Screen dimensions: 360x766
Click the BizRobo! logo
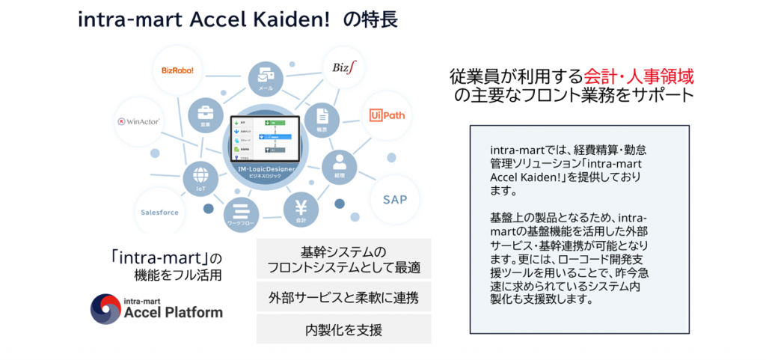coord(177,70)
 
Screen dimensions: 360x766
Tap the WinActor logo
coord(140,121)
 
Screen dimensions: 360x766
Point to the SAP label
coord(395,200)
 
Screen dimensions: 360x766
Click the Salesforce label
coord(160,213)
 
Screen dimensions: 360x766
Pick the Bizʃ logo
coord(346,68)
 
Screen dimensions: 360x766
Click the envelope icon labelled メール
coord(266,76)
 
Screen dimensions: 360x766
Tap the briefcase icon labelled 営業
coord(203,115)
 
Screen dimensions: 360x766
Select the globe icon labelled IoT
coord(200,177)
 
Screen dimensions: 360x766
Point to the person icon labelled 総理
coord(339,164)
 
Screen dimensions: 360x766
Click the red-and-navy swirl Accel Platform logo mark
coord(105,308)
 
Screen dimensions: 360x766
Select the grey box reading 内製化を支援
coord(343,329)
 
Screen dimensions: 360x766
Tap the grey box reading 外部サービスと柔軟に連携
coord(343,296)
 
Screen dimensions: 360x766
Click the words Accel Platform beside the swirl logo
coord(174,312)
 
